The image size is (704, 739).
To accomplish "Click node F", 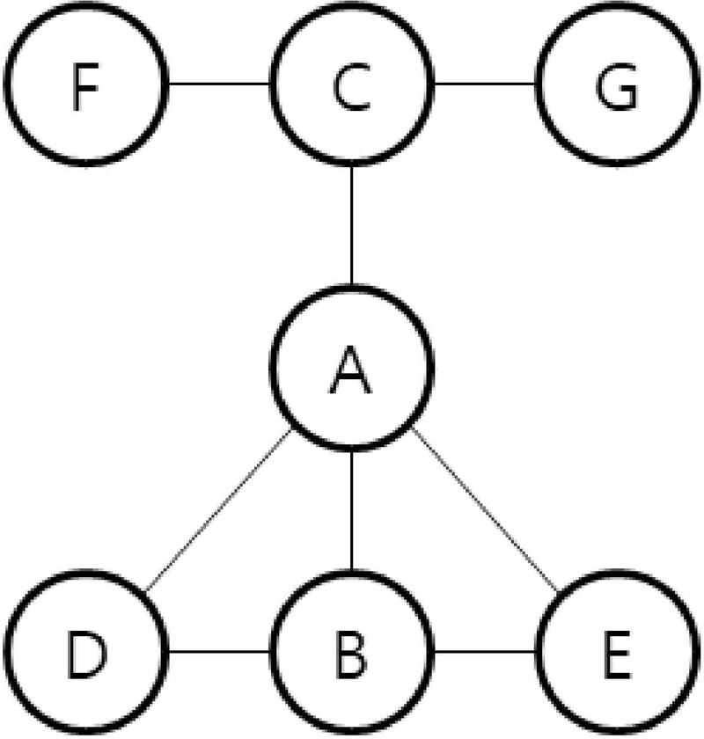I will pos(84,85).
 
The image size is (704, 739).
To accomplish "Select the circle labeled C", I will pos(352,85).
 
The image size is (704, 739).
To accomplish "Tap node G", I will pos(620,85).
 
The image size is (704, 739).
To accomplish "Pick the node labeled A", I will pos(352,369).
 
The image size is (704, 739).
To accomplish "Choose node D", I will pos(84,653).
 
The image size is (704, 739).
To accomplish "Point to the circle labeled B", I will pos(352,653).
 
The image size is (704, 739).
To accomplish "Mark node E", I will pos(620,653).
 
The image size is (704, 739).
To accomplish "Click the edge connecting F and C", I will pos(218,85).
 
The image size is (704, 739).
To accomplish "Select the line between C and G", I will pos(486,85).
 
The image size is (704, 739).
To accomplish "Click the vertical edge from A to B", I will pos(352,511).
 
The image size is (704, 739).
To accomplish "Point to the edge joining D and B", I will pos(218,653).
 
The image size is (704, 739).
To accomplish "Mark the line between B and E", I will pos(486,653).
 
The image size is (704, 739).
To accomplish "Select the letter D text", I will pos(84,655).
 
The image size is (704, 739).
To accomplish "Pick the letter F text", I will pos(84,87).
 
